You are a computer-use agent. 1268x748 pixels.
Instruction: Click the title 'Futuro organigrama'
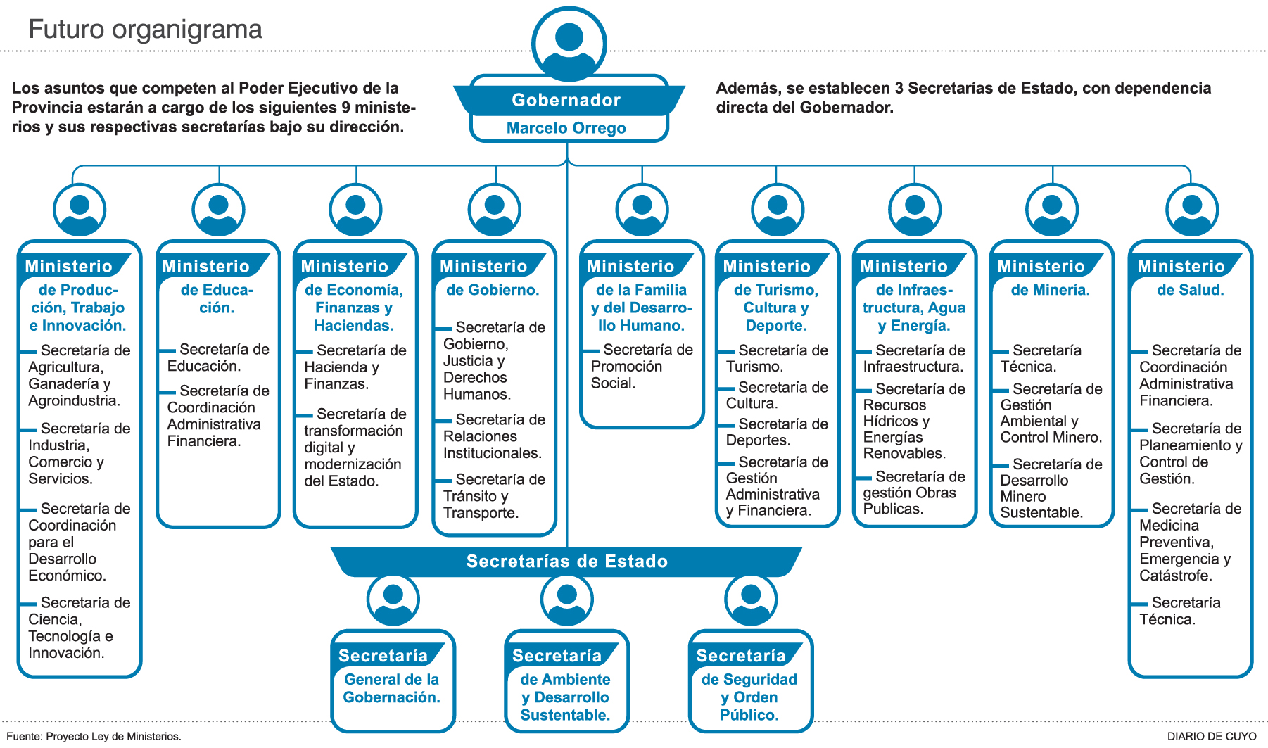point(145,30)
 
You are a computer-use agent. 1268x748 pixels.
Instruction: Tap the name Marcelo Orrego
point(566,128)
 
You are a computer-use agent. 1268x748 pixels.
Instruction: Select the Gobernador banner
point(566,100)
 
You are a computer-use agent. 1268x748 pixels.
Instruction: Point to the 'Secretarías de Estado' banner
point(566,562)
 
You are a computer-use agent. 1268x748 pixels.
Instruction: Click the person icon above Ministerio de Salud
point(1192,210)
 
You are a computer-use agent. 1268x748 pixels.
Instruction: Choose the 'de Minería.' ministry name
point(1051,290)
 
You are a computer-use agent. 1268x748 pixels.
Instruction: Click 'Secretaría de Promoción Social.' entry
point(640,366)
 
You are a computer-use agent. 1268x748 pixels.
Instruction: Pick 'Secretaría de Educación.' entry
point(217,357)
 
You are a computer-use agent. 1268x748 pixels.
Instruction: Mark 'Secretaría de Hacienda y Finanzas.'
point(354,367)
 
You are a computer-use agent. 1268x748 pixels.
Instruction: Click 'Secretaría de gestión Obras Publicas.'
point(913,493)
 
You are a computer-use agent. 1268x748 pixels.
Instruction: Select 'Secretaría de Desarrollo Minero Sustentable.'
point(1051,488)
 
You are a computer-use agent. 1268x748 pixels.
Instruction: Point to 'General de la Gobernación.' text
point(392,688)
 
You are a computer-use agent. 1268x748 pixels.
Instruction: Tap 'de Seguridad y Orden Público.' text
point(749,697)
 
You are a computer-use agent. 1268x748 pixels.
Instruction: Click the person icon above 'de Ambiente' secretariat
point(566,600)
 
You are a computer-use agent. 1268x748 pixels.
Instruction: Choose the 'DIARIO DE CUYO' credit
point(1212,736)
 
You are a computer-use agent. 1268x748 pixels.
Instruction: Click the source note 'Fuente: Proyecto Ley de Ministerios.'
point(94,736)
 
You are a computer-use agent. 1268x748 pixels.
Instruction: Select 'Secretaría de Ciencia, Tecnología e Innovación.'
point(78,628)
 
